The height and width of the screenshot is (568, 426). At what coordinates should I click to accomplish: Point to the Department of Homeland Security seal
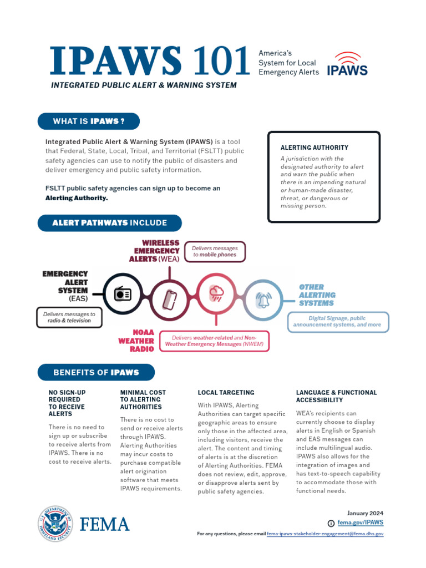(55, 524)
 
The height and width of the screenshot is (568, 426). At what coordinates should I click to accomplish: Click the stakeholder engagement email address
(325, 534)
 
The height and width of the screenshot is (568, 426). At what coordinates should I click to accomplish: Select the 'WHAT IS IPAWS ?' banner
(88, 121)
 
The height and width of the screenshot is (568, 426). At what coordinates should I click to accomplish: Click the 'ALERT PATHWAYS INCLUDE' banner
(109, 223)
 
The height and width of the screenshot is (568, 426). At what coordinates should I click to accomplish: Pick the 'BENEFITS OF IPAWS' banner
(96, 372)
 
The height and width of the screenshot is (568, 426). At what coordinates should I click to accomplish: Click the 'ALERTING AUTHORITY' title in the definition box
(314, 148)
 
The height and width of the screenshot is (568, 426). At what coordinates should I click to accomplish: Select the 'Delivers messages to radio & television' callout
(69, 317)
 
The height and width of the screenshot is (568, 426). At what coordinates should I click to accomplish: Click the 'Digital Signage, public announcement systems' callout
(338, 322)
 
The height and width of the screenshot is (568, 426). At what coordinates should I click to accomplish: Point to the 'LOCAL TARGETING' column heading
(226, 393)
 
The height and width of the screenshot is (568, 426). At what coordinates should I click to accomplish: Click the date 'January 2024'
(365, 513)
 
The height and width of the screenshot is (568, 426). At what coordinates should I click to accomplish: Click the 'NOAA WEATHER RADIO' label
(136, 341)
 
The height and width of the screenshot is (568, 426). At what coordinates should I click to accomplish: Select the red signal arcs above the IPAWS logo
(347, 57)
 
